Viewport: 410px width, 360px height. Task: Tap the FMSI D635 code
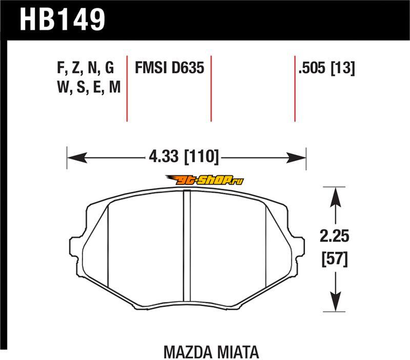[170, 68]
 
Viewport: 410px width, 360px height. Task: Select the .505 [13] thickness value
[327, 68]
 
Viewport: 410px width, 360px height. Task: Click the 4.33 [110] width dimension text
[183, 156]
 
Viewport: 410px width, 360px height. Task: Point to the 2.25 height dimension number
[335, 236]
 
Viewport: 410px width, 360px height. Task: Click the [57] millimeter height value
[335, 259]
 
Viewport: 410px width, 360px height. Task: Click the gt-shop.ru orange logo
[204, 180]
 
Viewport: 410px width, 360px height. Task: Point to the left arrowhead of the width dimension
[77, 158]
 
